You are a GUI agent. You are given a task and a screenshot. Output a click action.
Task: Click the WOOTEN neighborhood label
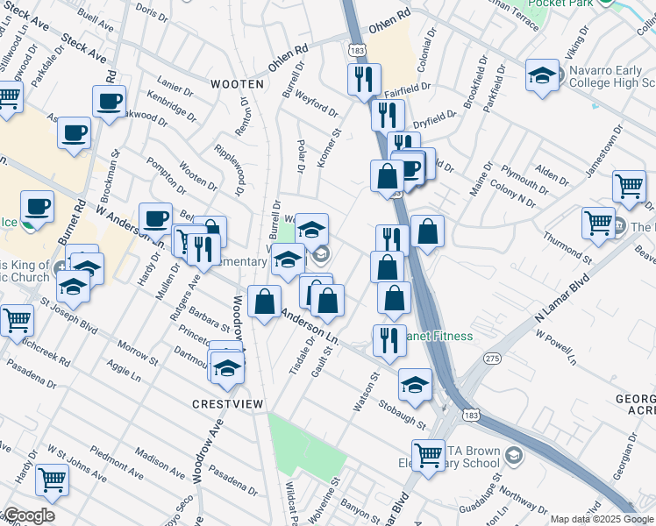(238, 84)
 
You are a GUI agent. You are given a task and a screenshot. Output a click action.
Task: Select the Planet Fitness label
(440, 336)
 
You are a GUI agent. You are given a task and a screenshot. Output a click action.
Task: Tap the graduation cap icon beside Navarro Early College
(543, 75)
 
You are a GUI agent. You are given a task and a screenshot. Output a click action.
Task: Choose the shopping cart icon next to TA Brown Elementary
(428, 454)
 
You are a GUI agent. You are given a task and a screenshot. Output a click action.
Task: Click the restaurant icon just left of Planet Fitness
(389, 339)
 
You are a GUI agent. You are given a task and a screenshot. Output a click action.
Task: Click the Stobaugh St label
(403, 413)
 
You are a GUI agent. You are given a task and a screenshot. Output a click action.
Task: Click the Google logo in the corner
(28, 515)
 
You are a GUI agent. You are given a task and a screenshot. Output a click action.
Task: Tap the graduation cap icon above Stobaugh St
(415, 384)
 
